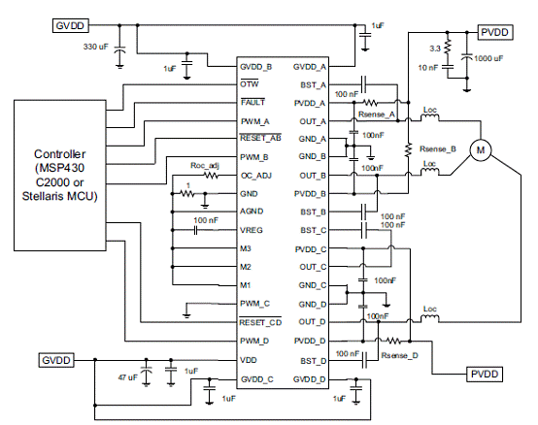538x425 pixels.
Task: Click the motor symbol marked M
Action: [481, 149]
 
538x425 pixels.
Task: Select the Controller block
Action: [60, 175]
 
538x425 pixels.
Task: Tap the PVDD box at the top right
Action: [494, 32]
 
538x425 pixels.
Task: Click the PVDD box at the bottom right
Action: [485, 374]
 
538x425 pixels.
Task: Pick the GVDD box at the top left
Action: [70, 25]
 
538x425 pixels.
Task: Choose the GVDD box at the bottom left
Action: [56, 360]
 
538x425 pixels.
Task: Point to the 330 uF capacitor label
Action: [96, 47]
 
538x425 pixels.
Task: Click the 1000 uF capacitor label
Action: [488, 58]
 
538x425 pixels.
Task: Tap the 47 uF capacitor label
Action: [127, 377]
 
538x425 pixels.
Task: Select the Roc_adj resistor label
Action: [205, 166]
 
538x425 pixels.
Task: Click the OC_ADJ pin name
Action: [256, 176]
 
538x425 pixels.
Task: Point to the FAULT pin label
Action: [252, 102]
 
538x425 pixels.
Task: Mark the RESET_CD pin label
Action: [260, 322]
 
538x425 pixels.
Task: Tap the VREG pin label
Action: [252, 230]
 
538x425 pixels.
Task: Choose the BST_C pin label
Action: [314, 230]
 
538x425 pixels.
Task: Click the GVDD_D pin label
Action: [310, 379]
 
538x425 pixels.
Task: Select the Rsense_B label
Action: [438, 149]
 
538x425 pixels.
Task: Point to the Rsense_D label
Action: [400, 355]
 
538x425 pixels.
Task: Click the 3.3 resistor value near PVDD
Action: [435, 49]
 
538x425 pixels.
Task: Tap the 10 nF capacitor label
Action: [428, 68]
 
